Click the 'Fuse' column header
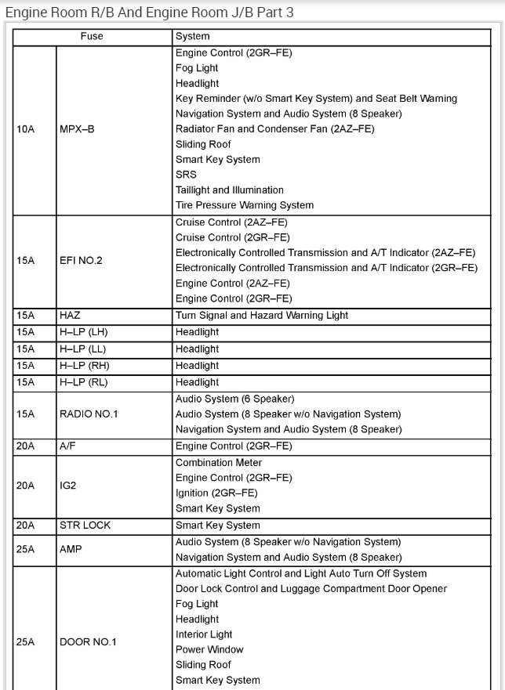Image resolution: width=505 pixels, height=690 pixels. [92, 36]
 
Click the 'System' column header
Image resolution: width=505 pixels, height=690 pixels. [192, 36]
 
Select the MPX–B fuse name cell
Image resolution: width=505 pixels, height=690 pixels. [77, 129]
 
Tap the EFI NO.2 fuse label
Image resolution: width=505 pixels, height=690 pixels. [81, 260]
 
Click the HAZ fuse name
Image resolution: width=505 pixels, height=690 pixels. [70, 315]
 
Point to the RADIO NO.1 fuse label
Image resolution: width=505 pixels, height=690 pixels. [88, 414]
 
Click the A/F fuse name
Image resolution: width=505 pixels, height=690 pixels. [68, 446]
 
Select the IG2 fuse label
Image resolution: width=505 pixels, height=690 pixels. [69, 486]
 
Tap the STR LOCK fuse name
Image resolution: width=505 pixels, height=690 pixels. [84, 526]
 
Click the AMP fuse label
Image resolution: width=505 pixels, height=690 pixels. [70, 550]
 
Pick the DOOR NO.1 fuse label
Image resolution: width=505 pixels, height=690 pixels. [88, 642]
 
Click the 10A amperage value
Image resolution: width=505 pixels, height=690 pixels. [25, 129]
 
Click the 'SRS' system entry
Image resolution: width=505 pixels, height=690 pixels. [186, 175]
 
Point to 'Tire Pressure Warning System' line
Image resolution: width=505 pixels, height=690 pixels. [244, 205]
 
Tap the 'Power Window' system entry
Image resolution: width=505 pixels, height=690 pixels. [209, 649]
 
